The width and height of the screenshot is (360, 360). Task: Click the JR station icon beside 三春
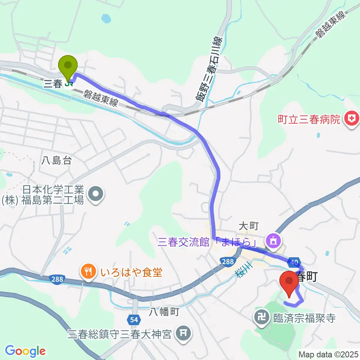(x=69, y=84)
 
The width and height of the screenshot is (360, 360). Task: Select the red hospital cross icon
(x=352, y=119)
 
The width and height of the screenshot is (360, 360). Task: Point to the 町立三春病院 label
(x=309, y=120)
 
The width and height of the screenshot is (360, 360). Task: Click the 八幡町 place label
(x=165, y=311)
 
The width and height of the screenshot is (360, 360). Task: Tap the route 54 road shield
(x=133, y=319)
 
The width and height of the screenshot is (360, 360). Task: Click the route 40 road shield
(x=294, y=261)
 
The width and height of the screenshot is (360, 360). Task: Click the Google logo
(x=25, y=351)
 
